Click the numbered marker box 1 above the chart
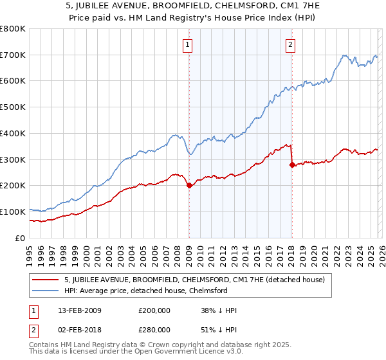[188, 44]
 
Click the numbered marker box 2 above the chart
[291, 44]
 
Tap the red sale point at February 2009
[189, 186]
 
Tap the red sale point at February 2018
[292, 165]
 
